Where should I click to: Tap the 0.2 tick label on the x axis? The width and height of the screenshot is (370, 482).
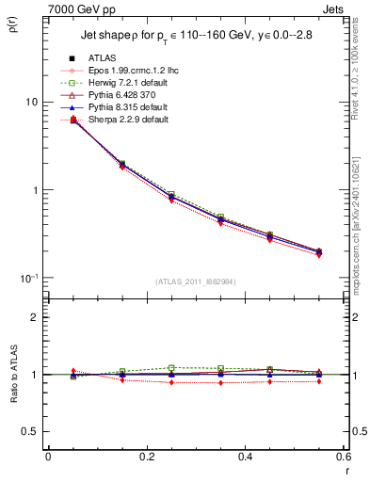pyautogui.click(x=146, y=457)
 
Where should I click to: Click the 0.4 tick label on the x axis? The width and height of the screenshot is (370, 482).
pyautogui.click(x=245, y=457)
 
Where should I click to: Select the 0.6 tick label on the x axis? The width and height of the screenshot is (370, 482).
pyautogui.click(x=343, y=457)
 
